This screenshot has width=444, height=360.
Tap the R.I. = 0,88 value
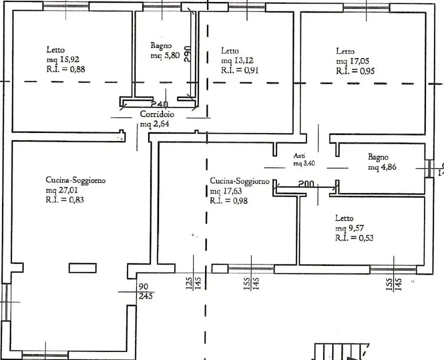click(x=66, y=69)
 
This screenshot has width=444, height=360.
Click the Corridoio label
click(x=157, y=114)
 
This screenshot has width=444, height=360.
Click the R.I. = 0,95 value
click(x=355, y=71)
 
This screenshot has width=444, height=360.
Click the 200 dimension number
click(x=305, y=184)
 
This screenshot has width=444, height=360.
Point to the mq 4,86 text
click(x=382, y=167)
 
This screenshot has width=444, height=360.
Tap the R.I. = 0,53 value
click(x=354, y=238)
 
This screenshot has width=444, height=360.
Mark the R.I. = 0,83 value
click(x=65, y=199)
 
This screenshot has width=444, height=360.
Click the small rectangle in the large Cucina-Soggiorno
click(x=82, y=267)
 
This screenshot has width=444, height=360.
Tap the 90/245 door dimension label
click(x=145, y=291)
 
